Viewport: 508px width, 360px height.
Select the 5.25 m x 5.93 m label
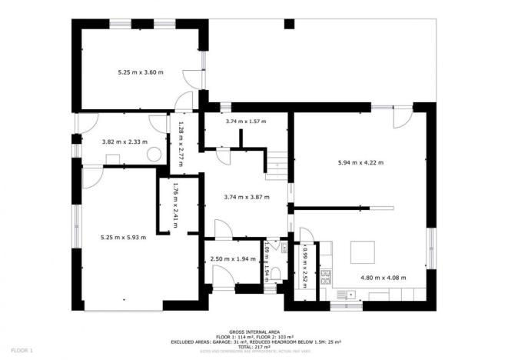pos(123,237)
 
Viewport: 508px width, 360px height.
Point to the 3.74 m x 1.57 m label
pos(244,122)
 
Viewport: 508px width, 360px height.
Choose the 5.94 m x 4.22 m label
pos(360,162)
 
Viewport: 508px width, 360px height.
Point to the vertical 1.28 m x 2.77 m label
pos(181,140)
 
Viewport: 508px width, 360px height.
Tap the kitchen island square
pos(363,253)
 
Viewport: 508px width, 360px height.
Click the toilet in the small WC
pos(275,273)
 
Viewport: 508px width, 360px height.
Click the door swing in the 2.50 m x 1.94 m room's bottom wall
pos(221,280)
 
